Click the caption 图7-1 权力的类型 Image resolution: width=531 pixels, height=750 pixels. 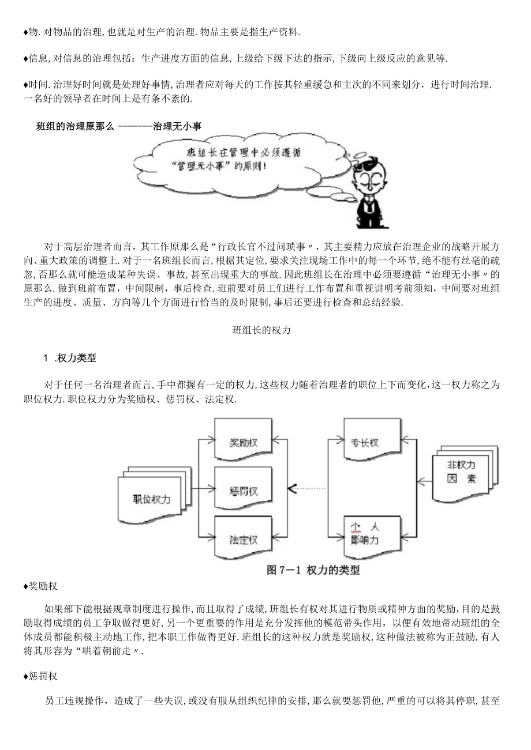coord(313,570)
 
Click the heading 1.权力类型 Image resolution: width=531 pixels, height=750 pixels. coord(70,358)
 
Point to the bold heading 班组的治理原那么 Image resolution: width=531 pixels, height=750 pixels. coord(75,126)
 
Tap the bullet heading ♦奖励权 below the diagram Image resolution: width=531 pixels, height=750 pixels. coord(40,587)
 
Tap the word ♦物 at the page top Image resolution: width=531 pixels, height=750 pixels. coord(30,32)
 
